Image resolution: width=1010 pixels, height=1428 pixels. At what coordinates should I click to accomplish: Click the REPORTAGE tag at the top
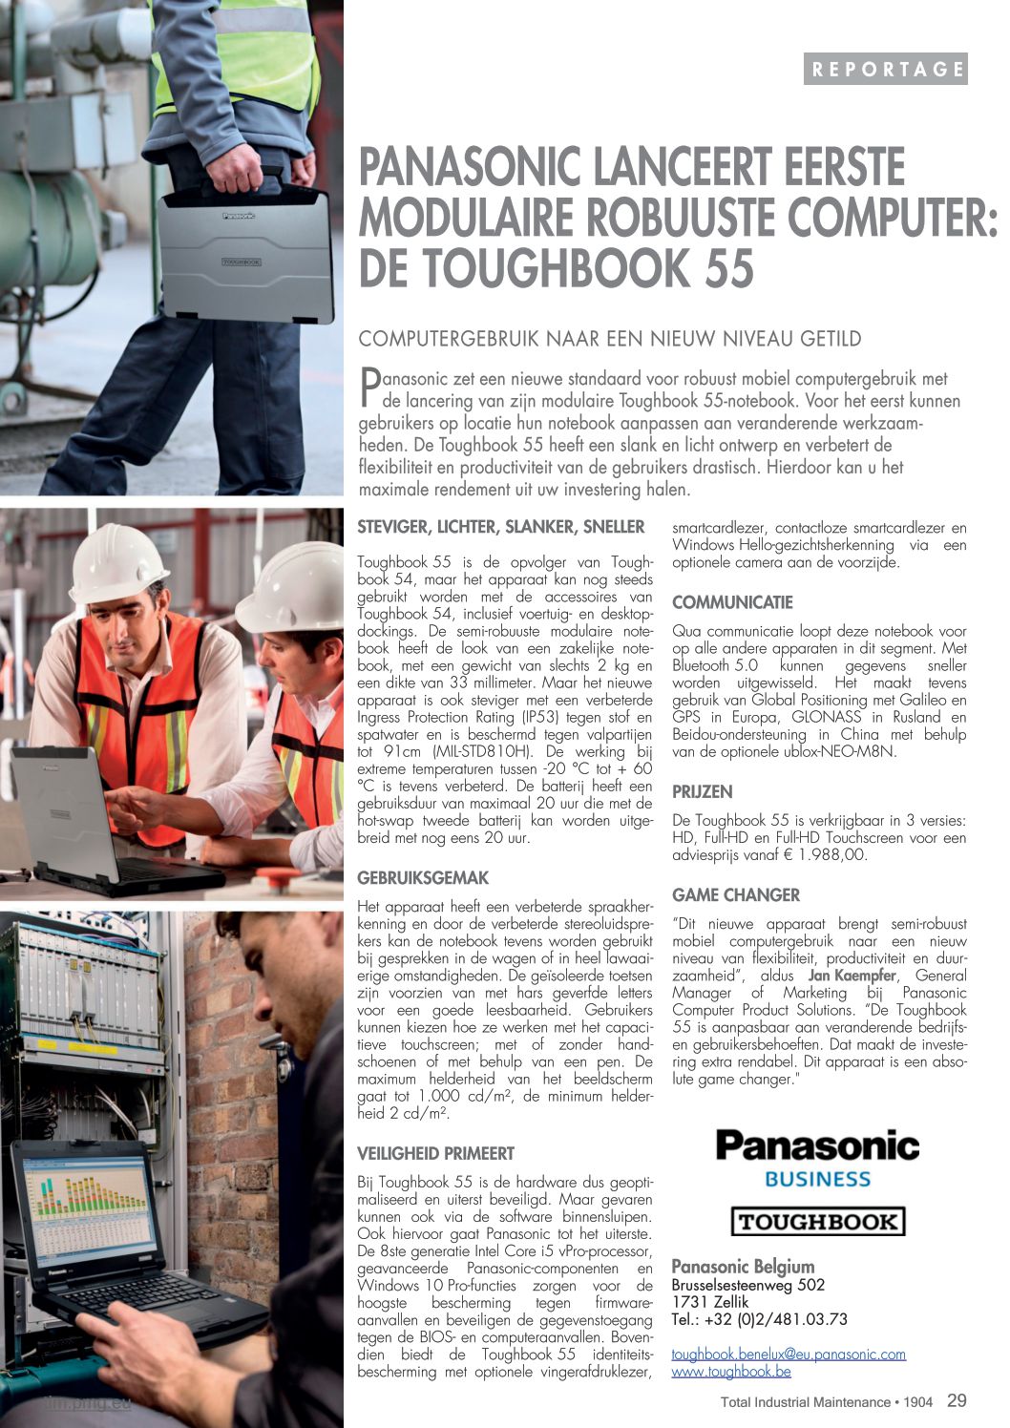click(885, 69)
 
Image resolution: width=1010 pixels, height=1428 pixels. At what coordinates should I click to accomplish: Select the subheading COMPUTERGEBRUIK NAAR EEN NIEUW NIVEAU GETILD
click(609, 339)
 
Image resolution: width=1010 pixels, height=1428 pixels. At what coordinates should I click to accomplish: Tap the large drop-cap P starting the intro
click(369, 386)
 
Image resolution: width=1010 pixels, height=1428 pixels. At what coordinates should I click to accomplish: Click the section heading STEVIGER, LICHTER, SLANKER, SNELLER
click(501, 527)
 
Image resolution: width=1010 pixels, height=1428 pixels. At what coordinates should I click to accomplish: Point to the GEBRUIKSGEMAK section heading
click(423, 877)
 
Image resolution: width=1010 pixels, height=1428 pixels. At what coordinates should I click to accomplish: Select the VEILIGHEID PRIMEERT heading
click(435, 1153)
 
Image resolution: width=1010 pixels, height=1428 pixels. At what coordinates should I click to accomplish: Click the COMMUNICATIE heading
click(732, 602)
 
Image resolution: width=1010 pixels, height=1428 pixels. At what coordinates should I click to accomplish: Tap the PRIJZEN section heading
click(702, 791)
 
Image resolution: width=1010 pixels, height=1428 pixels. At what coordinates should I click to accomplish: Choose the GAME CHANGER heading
click(736, 894)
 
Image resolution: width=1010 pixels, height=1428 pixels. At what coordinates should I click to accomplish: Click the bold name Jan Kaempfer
click(852, 976)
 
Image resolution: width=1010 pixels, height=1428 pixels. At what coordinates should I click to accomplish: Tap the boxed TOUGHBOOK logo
click(817, 1222)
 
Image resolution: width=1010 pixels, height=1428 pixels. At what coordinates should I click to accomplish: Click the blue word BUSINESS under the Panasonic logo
click(817, 1179)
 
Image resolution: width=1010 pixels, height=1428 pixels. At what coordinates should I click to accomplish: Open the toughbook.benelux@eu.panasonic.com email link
click(789, 1354)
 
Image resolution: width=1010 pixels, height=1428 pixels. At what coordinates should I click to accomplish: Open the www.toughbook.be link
click(731, 1372)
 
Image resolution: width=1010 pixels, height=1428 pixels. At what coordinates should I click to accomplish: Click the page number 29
click(957, 1400)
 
